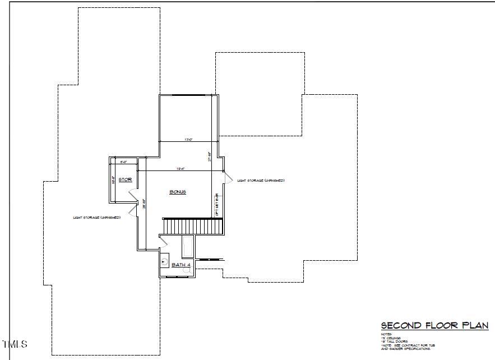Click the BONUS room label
(178, 192)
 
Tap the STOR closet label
(124, 180)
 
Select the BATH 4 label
(181, 265)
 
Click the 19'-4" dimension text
(181, 168)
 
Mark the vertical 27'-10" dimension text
(209, 156)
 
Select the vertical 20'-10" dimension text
(144, 204)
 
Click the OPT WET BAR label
(217, 205)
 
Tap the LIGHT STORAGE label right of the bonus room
(261, 181)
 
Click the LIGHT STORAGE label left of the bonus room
(96, 217)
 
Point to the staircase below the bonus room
(193, 227)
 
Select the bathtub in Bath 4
(188, 247)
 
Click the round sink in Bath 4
(164, 261)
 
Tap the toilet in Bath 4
(187, 270)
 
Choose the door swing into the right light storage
(228, 177)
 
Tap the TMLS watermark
(15, 344)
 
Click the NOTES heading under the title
(386, 334)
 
